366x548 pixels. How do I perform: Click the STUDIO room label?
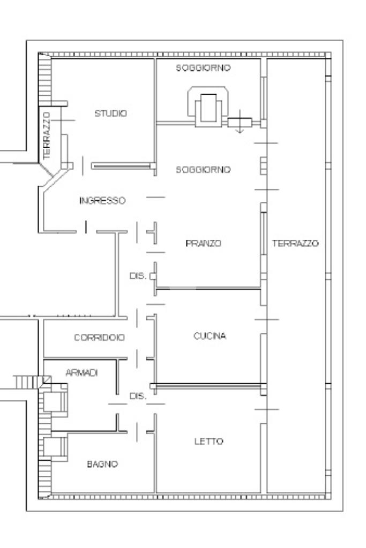pyautogui.click(x=110, y=113)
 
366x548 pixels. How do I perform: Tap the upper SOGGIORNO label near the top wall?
pyautogui.click(x=203, y=68)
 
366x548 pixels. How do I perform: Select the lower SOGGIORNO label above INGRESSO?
pyautogui.click(x=203, y=170)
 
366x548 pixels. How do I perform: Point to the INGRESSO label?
pyautogui.click(x=102, y=201)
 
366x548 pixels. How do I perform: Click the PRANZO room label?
pyautogui.click(x=203, y=243)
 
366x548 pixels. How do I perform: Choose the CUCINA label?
pyautogui.click(x=210, y=336)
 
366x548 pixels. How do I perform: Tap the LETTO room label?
pyautogui.click(x=208, y=442)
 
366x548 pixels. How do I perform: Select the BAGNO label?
pyautogui.click(x=102, y=464)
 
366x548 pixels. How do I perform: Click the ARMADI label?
pyautogui.click(x=81, y=373)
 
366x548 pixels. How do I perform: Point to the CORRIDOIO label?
pyautogui.click(x=99, y=338)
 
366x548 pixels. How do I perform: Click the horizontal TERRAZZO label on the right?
pyautogui.click(x=295, y=243)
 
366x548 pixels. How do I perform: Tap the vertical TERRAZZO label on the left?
pyautogui.click(x=47, y=135)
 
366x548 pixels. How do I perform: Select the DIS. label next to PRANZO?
pyautogui.click(x=138, y=276)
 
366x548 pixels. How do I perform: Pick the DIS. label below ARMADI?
pyautogui.click(x=138, y=397)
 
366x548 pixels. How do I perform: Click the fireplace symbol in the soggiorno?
pyautogui.click(x=208, y=106)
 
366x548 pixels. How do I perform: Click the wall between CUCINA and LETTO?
pyautogui.click(x=208, y=386)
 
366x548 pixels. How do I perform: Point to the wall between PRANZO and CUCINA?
pyautogui.click(x=208, y=288)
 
